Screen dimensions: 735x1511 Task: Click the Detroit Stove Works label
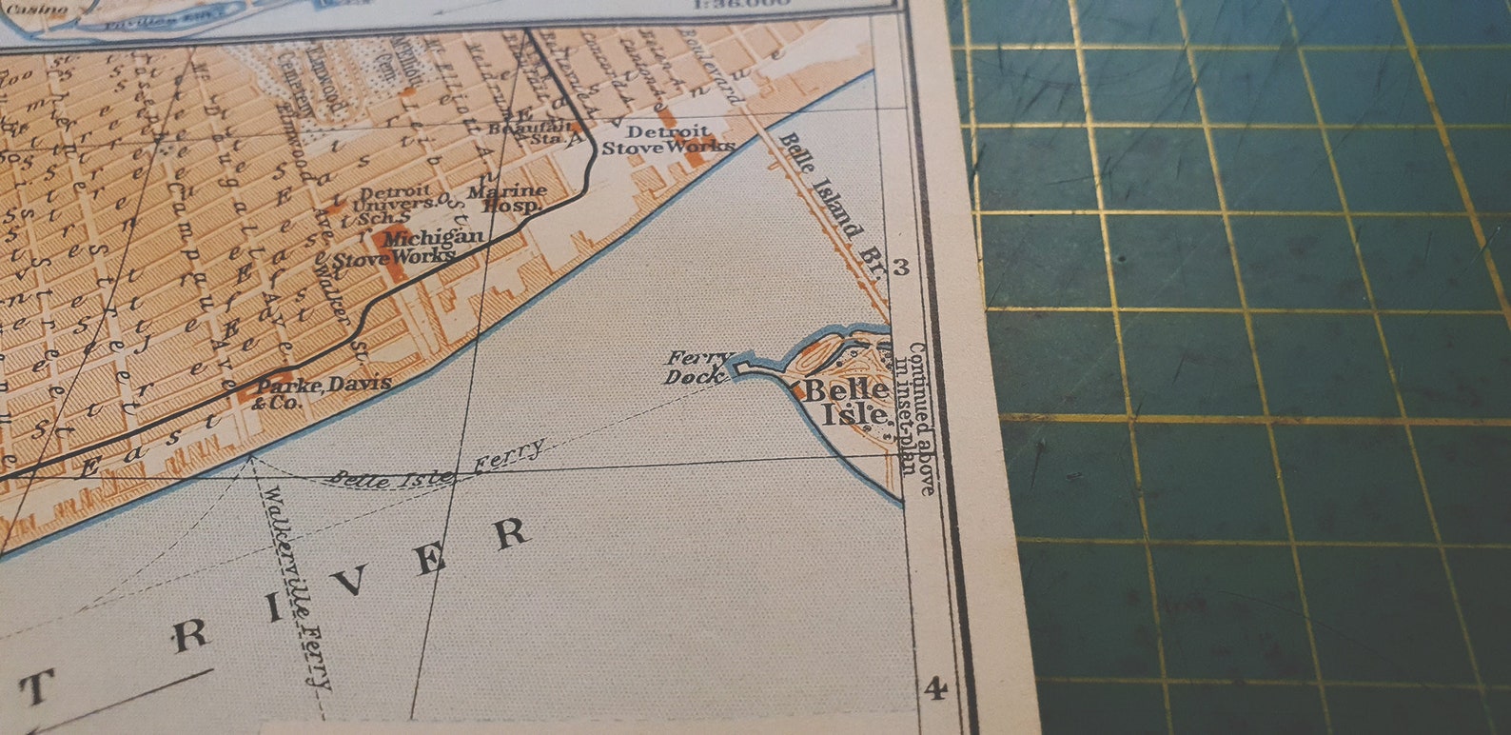point(668,139)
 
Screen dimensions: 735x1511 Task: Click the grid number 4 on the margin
point(934,687)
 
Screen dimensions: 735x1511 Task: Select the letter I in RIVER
point(276,606)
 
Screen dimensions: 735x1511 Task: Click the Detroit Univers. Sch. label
point(392,202)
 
